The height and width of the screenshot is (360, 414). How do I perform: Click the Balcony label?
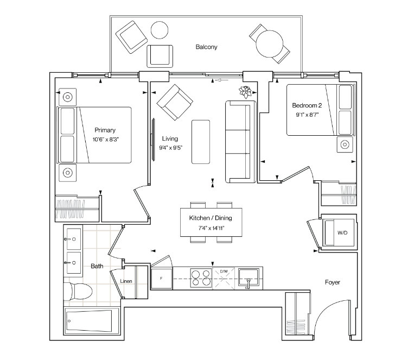coord(206,47)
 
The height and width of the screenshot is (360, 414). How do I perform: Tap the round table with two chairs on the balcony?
coord(270,43)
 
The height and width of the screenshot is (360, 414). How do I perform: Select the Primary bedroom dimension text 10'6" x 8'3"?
coord(105,140)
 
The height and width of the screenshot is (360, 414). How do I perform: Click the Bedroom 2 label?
coord(307,105)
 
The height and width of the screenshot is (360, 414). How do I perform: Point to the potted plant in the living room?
coord(245,92)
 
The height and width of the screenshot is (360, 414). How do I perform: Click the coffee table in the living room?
coord(201,142)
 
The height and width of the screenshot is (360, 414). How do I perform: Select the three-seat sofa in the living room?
coord(241,142)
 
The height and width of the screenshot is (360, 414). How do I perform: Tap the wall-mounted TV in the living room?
coord(152,140)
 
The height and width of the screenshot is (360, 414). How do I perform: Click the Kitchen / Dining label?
coord(211,218)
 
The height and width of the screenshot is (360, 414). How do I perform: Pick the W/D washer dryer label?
coord(342,233)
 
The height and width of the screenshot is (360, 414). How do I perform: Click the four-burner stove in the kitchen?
coord(201,278)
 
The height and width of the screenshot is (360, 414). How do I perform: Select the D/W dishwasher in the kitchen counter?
coord(224,278)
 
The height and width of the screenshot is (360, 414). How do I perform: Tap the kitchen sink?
coord(248,277)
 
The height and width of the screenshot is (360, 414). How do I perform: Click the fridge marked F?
coord(161,278)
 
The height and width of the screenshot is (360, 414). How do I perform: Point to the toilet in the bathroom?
coord(78,292)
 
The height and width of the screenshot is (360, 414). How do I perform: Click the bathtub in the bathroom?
coord(89,320)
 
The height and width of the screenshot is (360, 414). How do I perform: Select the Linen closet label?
coord(126,281)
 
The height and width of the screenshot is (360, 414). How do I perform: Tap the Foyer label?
coord(333,282)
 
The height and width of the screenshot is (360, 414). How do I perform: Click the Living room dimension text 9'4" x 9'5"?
coord(170,148)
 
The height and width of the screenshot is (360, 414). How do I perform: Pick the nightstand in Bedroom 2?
coord(345,144)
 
